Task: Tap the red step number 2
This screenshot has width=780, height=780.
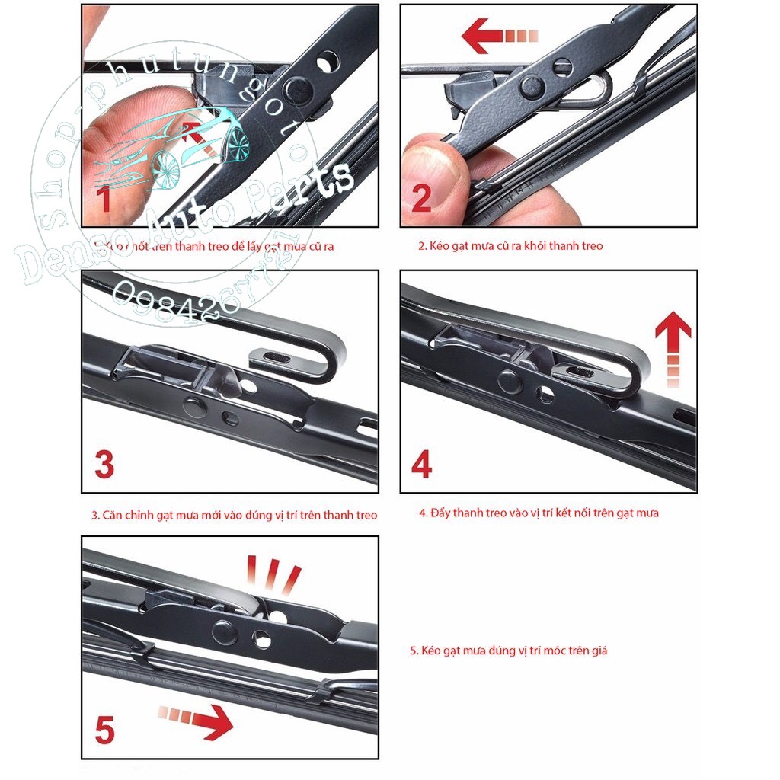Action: [421, 197]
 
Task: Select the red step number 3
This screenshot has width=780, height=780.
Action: [104, 464]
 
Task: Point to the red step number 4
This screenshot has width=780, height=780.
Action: [421, 464]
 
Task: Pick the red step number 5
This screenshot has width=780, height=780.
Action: [104, 730]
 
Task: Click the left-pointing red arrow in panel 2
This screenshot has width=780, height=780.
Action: [500, 36]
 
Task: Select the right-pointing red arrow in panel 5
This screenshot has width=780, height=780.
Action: [197, 721]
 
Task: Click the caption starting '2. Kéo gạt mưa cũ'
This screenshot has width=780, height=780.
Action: [510, 246]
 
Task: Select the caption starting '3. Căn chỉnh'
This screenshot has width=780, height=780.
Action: [235, 515]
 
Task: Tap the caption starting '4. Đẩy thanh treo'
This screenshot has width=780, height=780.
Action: [539, 513]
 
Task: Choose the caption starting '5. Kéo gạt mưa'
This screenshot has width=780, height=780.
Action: [508, 651]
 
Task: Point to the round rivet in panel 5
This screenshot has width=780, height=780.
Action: [224, 631]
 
